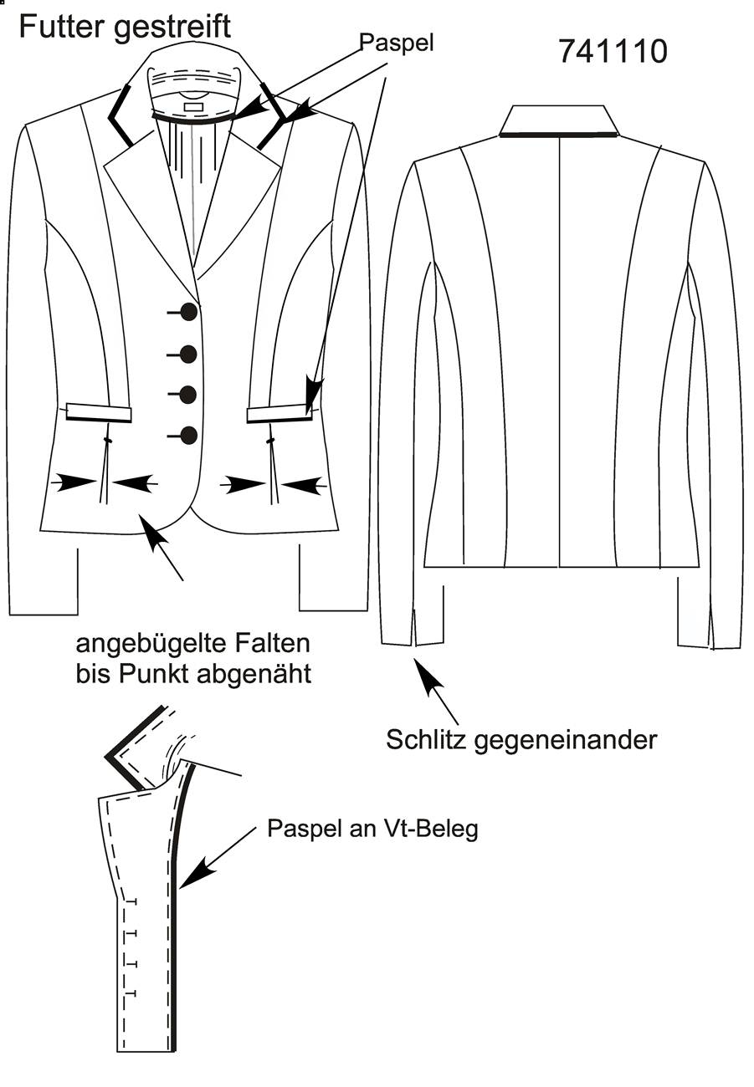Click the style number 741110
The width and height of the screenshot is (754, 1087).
coord(613,51)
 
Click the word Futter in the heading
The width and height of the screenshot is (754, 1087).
coord(62,26)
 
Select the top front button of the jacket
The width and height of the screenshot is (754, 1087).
coord(188,312)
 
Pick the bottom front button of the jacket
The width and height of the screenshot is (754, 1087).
coord(188,436)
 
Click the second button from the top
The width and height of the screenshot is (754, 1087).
coord(188,355)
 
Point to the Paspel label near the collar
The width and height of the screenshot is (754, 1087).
coord(397,43)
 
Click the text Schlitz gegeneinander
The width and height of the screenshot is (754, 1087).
coord(521,740)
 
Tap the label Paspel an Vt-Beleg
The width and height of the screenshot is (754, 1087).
coord(372,829)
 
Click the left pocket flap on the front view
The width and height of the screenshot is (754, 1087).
coord(99,412)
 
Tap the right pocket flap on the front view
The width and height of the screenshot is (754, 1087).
coord(280,414)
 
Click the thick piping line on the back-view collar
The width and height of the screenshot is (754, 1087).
coord(559,134)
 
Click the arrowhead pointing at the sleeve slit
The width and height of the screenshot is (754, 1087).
coord(425,674)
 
